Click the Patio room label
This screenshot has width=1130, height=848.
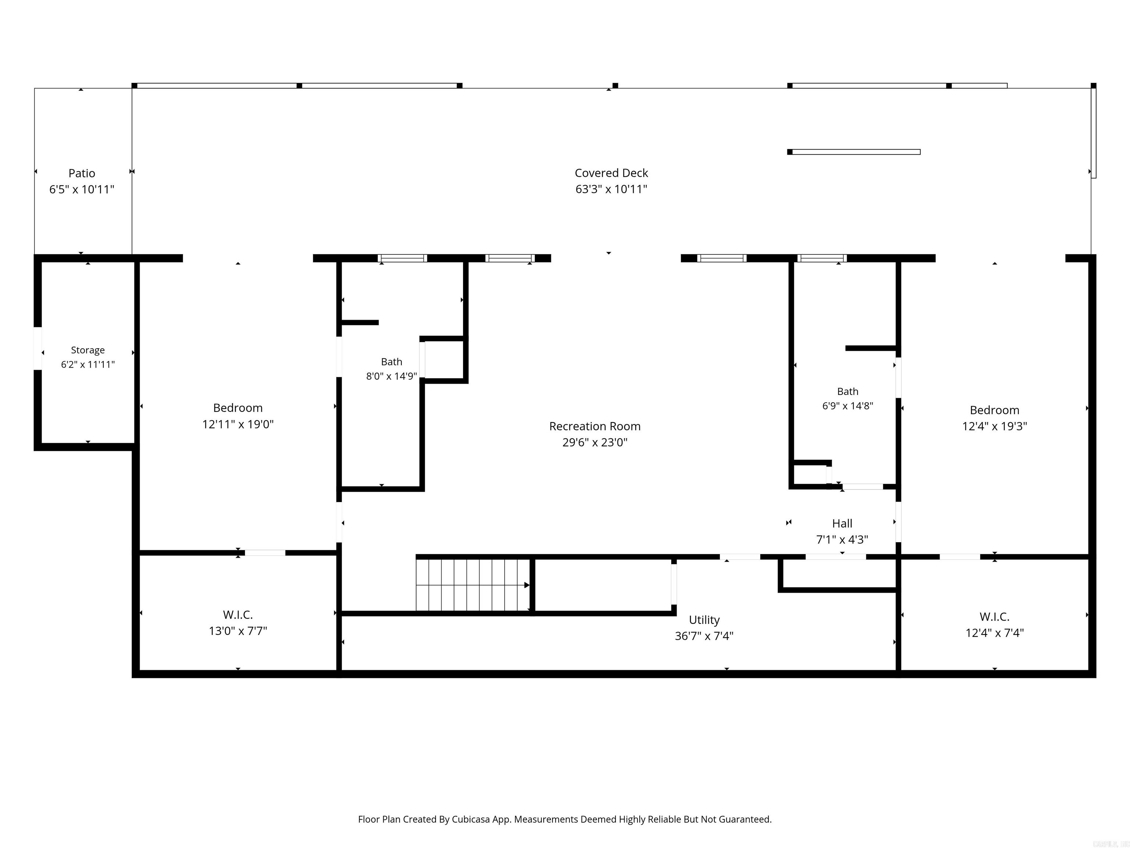[x=82, y=173]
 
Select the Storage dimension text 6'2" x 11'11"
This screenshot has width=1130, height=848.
[x=88, y=364]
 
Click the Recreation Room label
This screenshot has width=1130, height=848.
[x=595, y=426]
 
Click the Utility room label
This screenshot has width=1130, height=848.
[x=704, y=620]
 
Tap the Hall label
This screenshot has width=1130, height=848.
[x=842, y=523]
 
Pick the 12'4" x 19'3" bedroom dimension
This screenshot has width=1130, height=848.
[x=994, y=426]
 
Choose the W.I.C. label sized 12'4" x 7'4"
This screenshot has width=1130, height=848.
[x=994, y=616]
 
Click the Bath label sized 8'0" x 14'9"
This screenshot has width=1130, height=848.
[x=391, y=362]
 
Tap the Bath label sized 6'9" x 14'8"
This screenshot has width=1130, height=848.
[x=847, y=392]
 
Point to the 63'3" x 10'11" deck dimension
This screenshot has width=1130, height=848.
[x=611, y=189]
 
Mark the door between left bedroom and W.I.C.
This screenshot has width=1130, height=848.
[x=265, y=552]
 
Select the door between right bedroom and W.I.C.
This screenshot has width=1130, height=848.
[x=960, y=556]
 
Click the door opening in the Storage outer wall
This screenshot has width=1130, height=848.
[x=38, y=348]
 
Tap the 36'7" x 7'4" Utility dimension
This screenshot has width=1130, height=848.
[x=704, y=636]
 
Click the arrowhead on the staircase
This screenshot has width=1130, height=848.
[x=527, y=585]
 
